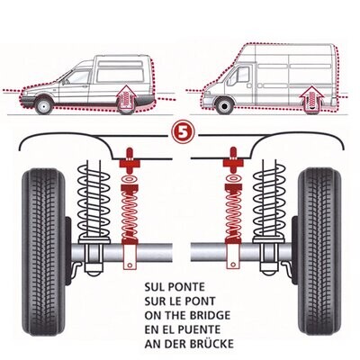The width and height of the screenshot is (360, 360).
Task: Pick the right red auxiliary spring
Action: [x=230, y=216]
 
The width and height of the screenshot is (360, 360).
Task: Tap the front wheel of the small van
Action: [x=42, y=106]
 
